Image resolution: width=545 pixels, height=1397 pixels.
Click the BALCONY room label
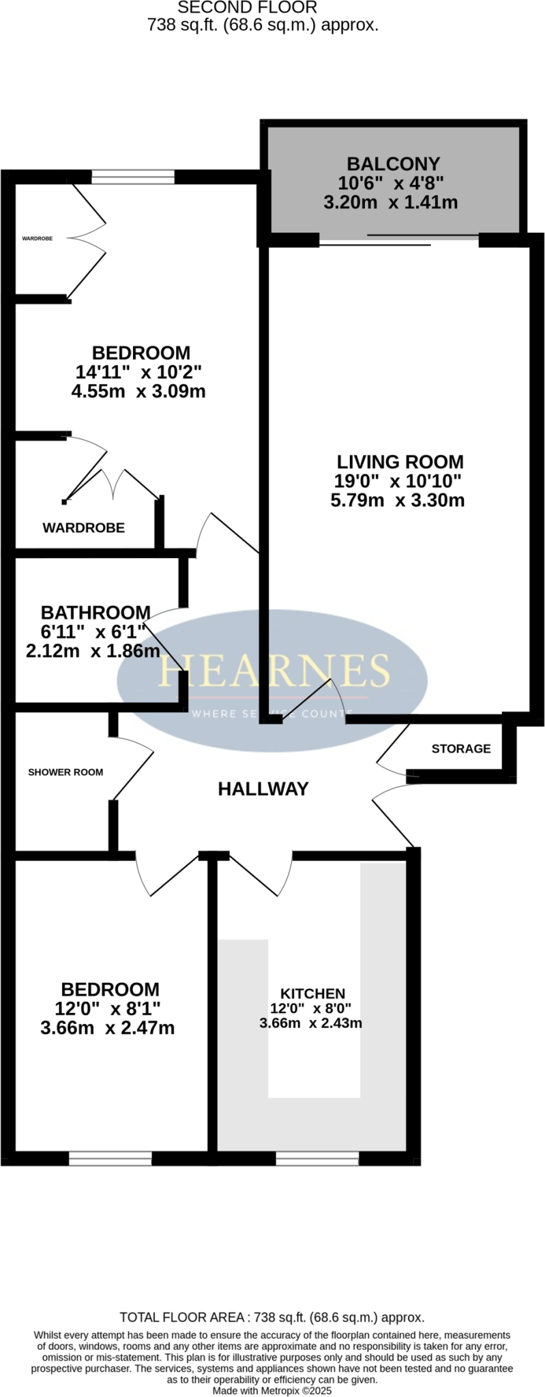coord(394,164)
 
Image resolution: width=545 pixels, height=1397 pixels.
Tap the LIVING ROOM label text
coord(399,462)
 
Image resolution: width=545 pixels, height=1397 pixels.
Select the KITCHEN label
coord(312,994)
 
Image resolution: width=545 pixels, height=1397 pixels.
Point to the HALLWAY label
coord(263,789)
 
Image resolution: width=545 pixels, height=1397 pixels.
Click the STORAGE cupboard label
coord(461,749)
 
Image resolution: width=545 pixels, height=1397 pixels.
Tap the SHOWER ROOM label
coord(65,772)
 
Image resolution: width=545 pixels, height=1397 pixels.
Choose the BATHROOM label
coord(95,612)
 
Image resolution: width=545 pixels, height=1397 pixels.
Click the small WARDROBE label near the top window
coord(38,239)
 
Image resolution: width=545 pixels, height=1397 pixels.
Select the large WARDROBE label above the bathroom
coord(83,527)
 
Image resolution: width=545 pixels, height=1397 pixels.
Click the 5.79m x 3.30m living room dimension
coord(398,501)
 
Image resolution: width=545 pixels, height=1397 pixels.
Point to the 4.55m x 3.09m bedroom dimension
coord(138,392)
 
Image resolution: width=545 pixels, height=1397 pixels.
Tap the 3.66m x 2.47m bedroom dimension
coord(108,1028)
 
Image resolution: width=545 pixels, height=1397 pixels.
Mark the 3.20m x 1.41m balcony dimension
coord(390,203)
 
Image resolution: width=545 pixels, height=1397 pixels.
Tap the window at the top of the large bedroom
coord(133,177)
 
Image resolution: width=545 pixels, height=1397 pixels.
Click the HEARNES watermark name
coord(274,670)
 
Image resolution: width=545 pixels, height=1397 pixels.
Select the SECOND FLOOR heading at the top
coord(248,8)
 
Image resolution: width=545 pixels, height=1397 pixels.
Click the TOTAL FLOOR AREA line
coord(272,1317)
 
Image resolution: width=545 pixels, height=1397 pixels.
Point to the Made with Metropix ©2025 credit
coord(272,1389)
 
